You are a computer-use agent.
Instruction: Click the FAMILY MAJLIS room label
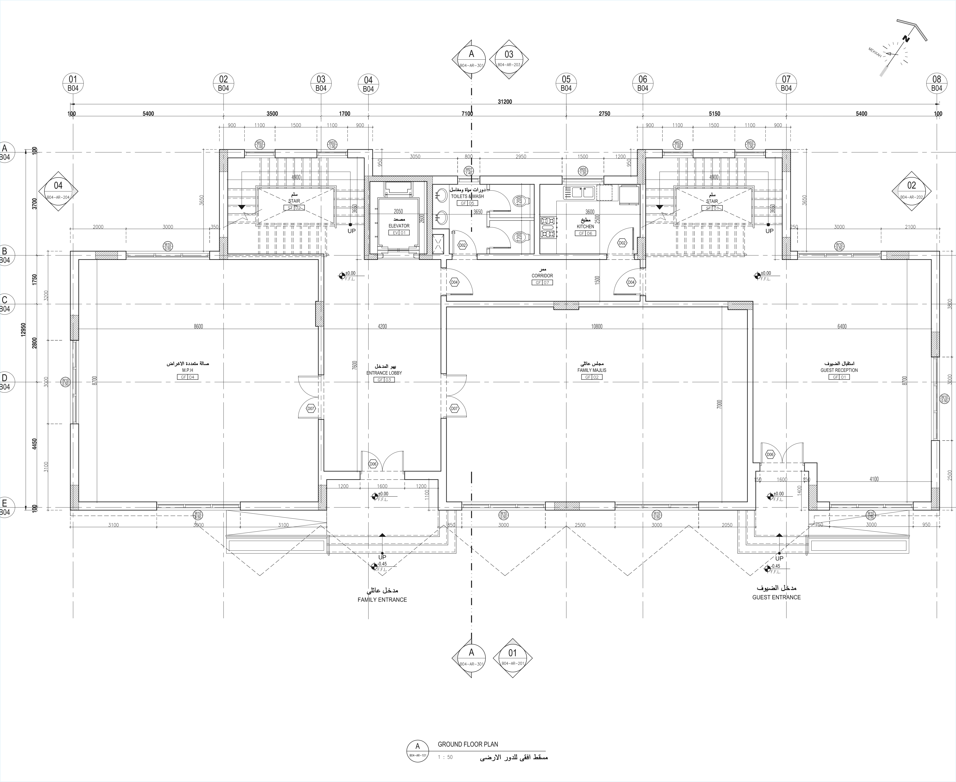coord(592,370)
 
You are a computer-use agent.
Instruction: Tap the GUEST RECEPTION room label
coord(839,370)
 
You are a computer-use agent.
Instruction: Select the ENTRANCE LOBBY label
coord(384,373)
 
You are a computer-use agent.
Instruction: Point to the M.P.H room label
coord(188,370)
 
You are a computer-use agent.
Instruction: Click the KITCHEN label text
coord(585,227)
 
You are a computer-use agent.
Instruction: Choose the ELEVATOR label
coord(399,226)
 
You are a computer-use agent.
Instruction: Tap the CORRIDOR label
coord(542,276)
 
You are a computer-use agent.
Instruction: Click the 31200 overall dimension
coord(505,102)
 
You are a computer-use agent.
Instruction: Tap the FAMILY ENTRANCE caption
coord(382,599)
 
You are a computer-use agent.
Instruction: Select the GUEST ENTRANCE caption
coord(776,597)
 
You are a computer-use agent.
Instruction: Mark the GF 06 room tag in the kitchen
coord(585,233)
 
